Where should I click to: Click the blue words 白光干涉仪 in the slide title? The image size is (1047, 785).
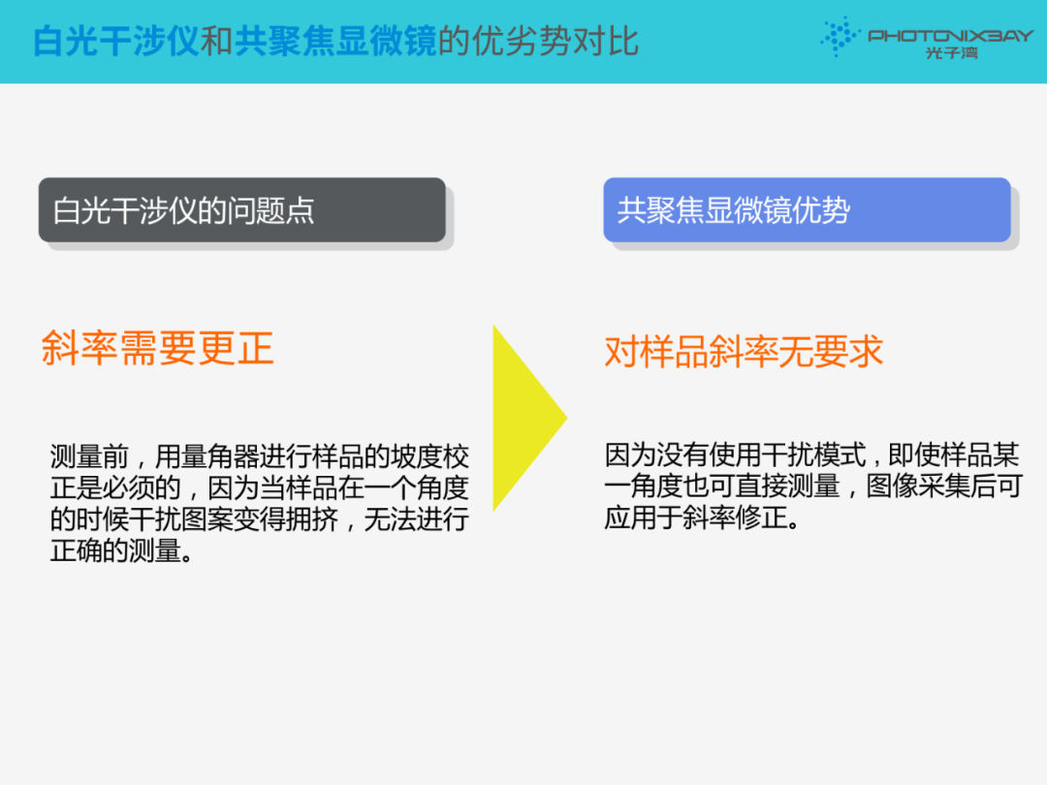[116, 41]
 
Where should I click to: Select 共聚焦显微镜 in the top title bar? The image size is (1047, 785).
[335, 41]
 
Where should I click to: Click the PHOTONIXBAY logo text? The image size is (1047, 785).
[950, 36]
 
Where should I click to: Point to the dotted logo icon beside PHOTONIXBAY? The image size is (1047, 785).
[840, 36]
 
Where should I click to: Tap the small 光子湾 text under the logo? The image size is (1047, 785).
[952, 52]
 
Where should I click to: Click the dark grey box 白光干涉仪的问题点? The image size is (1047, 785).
[241, 209]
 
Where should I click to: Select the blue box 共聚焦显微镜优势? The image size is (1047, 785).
[807, 209]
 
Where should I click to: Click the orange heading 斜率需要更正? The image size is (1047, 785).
[158, 348]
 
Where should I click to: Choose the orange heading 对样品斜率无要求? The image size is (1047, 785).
[744, 351]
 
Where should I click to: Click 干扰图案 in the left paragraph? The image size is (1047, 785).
[180, 519]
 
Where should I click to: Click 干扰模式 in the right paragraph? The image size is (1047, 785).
[813, 455]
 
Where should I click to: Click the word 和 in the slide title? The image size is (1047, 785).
[217, 41]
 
